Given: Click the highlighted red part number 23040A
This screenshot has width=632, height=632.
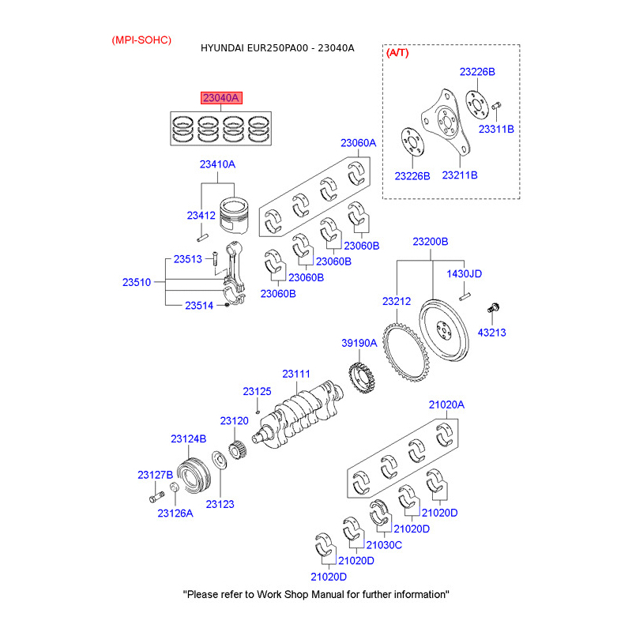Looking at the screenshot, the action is click(x=221, y=98).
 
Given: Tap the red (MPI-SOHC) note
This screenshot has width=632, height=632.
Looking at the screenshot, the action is click(x=141, y=40).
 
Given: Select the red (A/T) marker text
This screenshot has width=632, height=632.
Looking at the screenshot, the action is click(x=397, y=53).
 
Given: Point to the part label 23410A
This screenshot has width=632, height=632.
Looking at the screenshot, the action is click(x=218, y=164).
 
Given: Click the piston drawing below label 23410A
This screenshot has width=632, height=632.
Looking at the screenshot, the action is click(x=234, y=215).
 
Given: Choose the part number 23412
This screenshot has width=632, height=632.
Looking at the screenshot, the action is click(x=201, y=216).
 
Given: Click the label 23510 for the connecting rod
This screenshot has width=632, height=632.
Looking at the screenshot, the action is click(x=137, y=282).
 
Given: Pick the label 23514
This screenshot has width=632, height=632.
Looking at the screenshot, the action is click(x=199, y=306).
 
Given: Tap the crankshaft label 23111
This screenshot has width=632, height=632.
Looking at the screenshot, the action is click(x=296, y=374).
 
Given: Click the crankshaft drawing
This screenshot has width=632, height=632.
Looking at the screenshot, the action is click(x=299, y=416).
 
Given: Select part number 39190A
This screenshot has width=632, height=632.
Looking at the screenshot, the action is click(x=359, y=343).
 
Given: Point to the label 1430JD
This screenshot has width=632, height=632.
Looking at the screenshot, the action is click(x=465, y=273).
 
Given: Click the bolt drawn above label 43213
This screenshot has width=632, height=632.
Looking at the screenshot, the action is click(x=493, y=308).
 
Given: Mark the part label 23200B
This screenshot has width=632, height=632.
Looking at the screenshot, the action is click(x=431, y=242).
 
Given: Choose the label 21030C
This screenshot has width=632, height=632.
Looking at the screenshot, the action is click(x=384, y=545).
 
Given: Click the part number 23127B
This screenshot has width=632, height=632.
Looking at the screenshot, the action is click(x=155, y=476).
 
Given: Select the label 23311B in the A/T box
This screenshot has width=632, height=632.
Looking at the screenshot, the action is click(x=496, y=129).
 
